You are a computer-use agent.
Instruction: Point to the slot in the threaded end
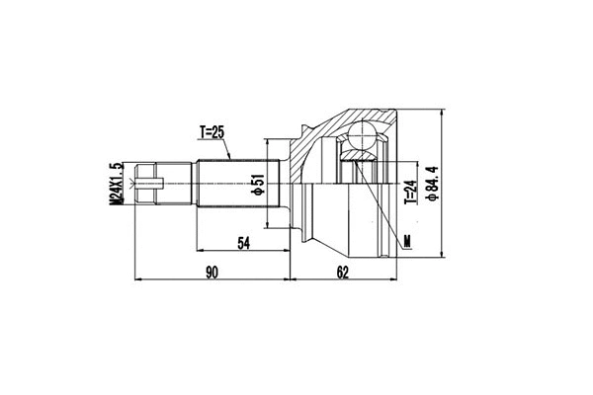147,184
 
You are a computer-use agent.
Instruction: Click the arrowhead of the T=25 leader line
230,159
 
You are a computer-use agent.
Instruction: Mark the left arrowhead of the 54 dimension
200,249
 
